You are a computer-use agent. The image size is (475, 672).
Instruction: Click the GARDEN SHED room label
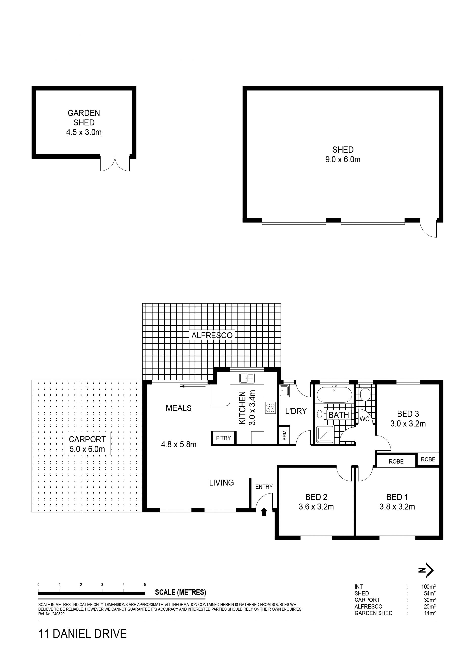point(84,118)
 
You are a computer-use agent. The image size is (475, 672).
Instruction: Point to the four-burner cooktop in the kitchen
point(270,408)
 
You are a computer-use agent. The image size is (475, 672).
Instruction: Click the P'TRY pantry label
point(224,438)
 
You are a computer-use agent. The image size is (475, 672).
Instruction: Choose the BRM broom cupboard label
point(285,435)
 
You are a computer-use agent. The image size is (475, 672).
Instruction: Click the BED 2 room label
point(316,497)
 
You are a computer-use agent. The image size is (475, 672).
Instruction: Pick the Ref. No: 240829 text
point(51,614)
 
